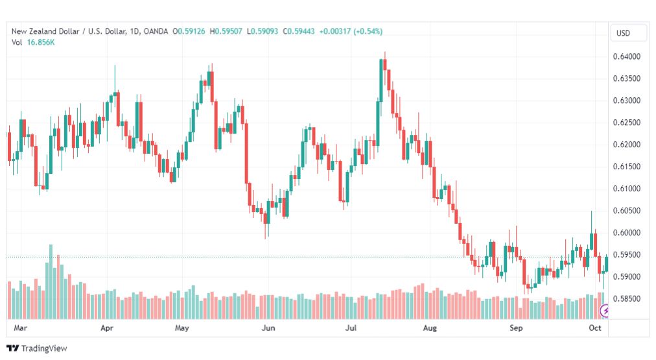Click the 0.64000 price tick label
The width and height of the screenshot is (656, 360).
click(x=626, y=56)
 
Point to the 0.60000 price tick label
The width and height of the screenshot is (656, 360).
click(x=626, y=233)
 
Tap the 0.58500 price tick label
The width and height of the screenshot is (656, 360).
click(x=626, y=299)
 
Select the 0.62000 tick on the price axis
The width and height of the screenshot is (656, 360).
click(x=626, y=145)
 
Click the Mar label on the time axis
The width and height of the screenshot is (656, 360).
click(x=20, y=328)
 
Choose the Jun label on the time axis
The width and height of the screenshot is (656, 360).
click(x=268, y=328)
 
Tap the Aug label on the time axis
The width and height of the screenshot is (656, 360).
click(x=430, y=328)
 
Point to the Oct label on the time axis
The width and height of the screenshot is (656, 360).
click(x=595, y=328)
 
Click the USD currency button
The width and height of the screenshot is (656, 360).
click(x=623, y=33)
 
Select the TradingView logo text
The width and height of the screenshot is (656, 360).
click(x=44, y=348)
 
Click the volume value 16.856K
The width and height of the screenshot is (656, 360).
click(x=41, y=42)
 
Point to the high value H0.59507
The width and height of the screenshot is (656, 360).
click(x=226, y=31)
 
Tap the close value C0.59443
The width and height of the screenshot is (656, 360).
click(x=299, y=31)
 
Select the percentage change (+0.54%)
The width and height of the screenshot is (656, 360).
click(x=368, y=31)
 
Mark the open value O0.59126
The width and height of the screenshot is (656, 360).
click(x=189, y=31)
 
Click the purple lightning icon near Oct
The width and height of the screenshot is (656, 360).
click(x=605, y=311)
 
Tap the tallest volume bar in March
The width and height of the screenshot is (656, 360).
click(x=51, y=282)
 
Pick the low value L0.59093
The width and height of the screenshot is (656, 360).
click(x=263, y=31)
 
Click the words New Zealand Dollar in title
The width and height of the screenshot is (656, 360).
click(x=45, y=31)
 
